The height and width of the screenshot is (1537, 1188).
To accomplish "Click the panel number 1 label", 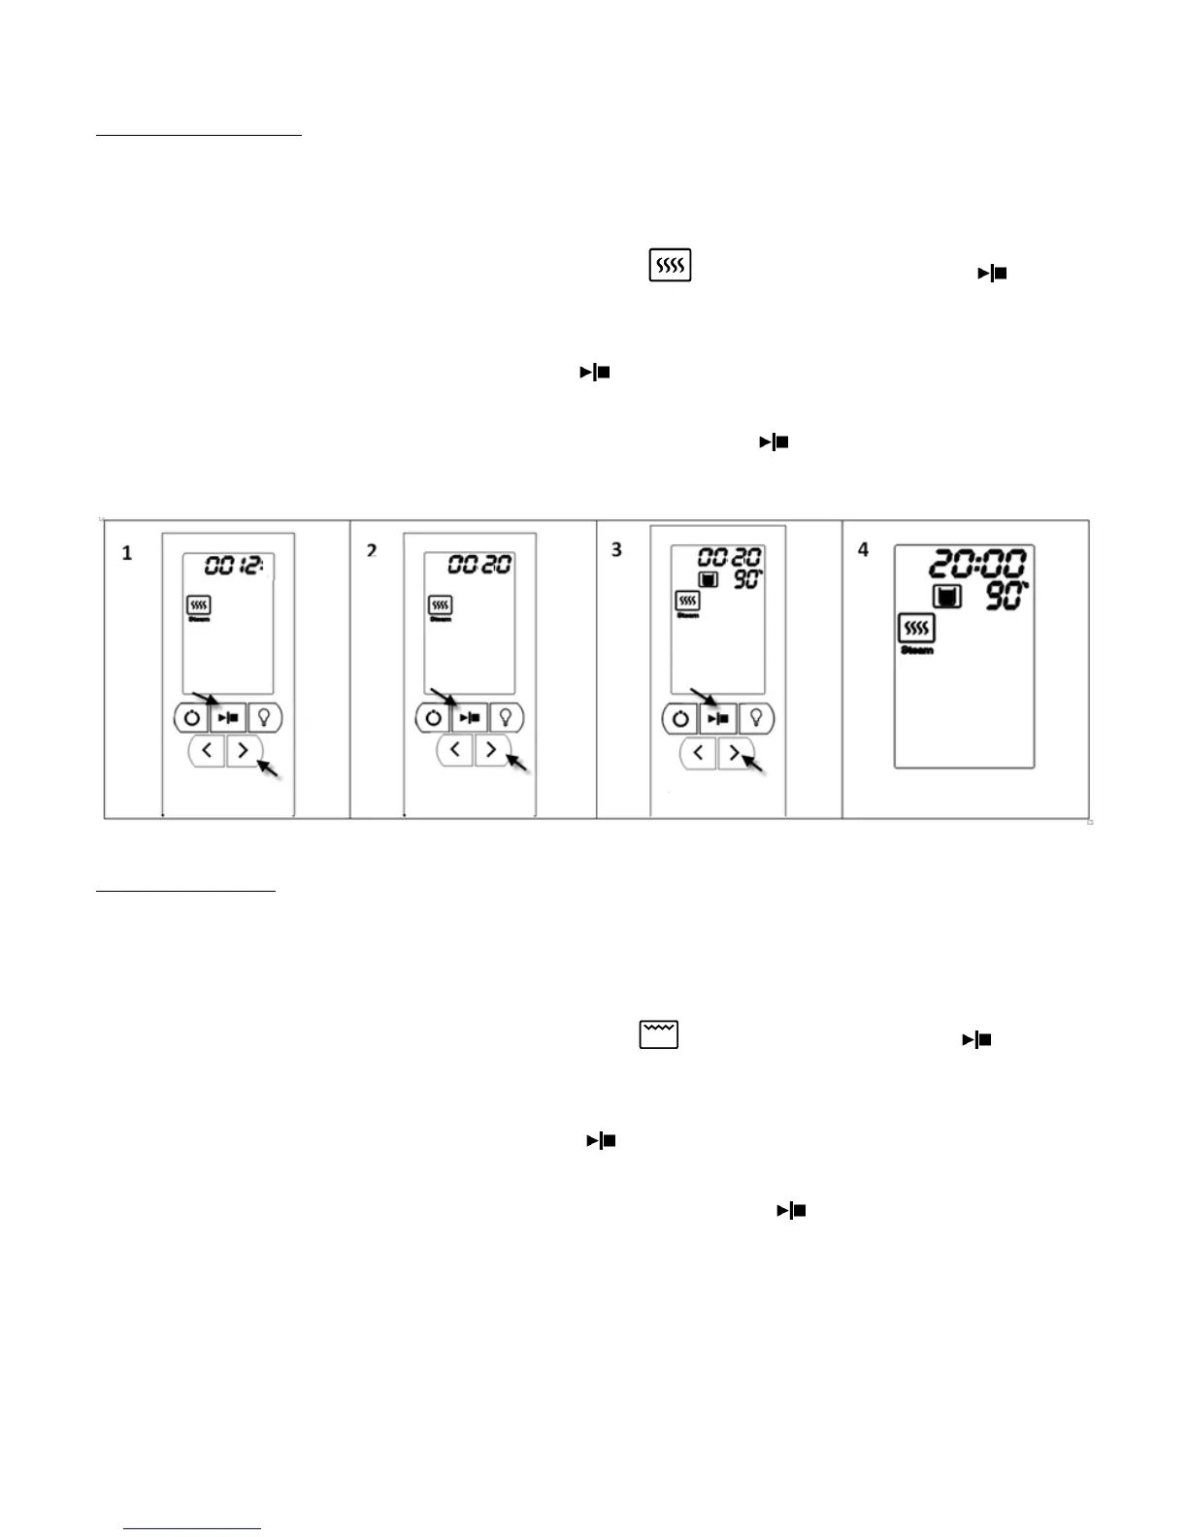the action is point(126,553).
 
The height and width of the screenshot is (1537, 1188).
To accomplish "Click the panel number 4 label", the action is point(863,550).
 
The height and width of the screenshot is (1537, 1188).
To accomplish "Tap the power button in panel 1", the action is point(191,719).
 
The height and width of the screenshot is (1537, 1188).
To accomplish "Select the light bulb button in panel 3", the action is point(755,719).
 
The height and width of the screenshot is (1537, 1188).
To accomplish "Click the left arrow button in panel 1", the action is point(207,750).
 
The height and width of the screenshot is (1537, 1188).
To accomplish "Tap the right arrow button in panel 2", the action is point(491,750).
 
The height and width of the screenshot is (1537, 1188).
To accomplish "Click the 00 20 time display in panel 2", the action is point(479,564).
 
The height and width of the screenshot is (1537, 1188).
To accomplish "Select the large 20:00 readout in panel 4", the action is point(977,564).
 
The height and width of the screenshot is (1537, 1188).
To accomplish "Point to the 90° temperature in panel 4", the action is point(1007,596).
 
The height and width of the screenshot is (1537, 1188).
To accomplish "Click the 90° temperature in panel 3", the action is point(746,580).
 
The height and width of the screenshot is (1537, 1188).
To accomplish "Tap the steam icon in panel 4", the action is point(916,629).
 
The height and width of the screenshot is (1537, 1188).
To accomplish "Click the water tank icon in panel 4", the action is point(946,596).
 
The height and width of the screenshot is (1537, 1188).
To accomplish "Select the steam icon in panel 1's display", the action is point(199,605).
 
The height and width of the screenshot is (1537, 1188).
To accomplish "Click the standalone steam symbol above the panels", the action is point(670,265).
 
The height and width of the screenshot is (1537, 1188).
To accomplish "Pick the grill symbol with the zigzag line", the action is point(658,1034).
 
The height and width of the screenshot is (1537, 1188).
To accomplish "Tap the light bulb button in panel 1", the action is point(265,719).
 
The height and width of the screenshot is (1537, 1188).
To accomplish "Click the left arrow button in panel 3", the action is point(698,752).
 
